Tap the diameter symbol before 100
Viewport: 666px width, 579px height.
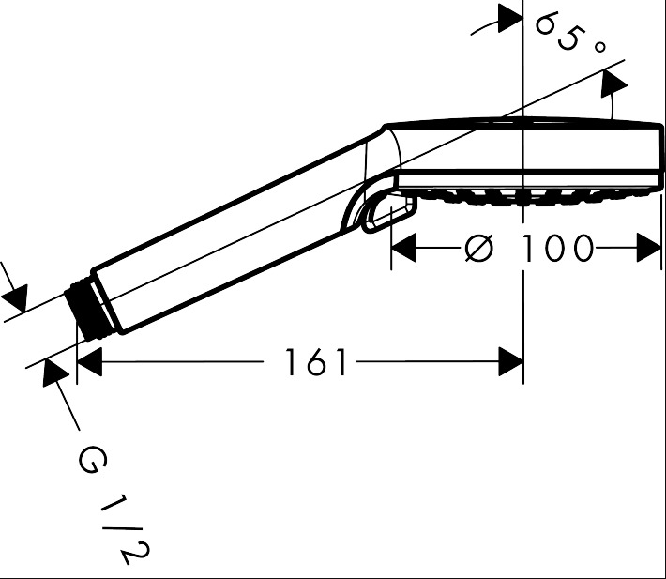(x=478, y=248)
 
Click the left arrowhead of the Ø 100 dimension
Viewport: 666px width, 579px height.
(x=403, y=248)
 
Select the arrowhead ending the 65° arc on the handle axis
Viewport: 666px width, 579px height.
(x=613, y=86)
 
